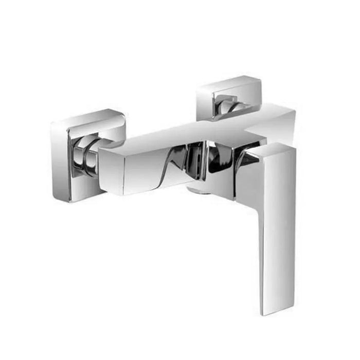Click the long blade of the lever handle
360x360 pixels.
(278, 221)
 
